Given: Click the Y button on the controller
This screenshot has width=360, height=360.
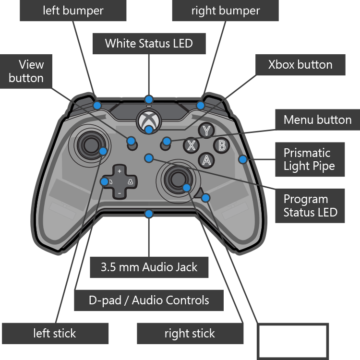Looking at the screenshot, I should pos(207,130).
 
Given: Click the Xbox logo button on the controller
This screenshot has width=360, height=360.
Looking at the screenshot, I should pos(149,120).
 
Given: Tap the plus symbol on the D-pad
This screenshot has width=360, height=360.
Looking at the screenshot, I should pos(120,170).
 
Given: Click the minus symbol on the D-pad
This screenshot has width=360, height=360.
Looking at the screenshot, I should pos(120,193).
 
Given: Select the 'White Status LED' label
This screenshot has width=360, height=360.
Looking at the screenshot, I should pos(149,44).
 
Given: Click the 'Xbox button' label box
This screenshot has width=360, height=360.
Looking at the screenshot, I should pos(300,65).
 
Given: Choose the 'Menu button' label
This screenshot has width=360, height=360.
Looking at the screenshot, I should pos(317,120).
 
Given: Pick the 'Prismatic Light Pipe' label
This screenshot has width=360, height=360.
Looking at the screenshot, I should pos(310,160).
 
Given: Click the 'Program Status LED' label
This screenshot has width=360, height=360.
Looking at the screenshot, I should pos(310,205).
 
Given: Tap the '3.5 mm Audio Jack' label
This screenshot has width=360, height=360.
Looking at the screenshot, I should pos(149,267).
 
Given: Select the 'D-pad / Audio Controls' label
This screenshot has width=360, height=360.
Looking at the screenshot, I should pos(149,300).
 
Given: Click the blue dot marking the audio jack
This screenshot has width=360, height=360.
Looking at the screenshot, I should pos(149,214).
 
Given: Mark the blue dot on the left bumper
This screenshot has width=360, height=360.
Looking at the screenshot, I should pos(97,105).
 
